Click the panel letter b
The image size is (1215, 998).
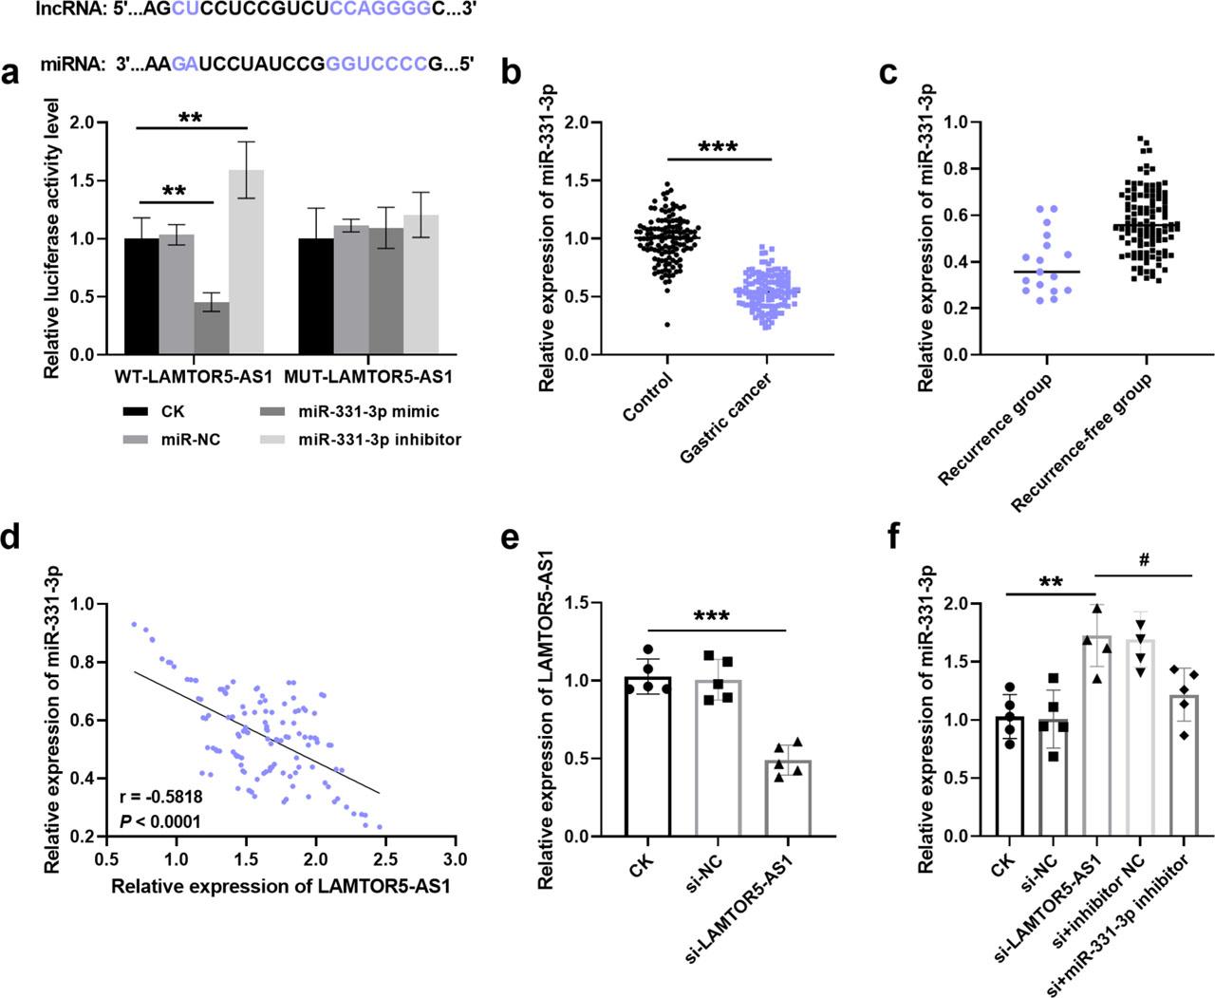[x=510, y=74]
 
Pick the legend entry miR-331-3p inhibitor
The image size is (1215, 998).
[x=380, y=440]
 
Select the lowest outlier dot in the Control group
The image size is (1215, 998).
[x=667, y=325]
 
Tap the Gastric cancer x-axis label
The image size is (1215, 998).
[x=726, y=419]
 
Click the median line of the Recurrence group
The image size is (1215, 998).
[x=1046, y=272]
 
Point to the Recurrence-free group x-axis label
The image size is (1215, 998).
[x=1081, y=443]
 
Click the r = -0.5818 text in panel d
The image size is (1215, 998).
[x=161, y=797]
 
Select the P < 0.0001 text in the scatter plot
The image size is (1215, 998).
[x=160, y=821]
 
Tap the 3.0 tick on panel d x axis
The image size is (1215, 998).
[x=456, y=859]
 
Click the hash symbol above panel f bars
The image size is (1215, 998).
[x=1145, y=560]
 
